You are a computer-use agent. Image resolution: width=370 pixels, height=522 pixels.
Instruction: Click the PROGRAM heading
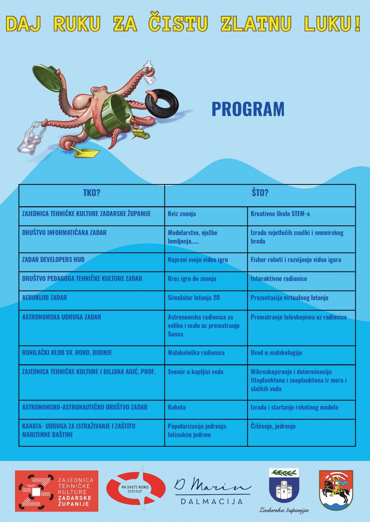pos(248,109)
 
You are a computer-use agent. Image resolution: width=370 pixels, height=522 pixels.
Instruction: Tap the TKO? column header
pos(92,193)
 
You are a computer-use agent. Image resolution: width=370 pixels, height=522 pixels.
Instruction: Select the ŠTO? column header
pos(260,193)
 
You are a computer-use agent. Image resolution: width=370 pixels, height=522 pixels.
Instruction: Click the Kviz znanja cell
pos(182,214)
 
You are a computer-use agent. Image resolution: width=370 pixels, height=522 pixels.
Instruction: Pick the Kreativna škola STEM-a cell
pos(280,214)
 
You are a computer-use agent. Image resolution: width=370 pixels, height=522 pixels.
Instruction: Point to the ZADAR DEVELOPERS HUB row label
pos(53,260)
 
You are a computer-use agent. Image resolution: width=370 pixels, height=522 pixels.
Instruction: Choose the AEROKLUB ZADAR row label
pos(45,298)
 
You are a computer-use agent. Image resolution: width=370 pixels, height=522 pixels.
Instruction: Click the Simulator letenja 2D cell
pos(194,298)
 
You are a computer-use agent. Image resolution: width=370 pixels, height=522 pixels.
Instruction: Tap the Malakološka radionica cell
pos(196,353)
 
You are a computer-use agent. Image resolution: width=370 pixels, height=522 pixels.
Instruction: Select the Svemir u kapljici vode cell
pos(196,372)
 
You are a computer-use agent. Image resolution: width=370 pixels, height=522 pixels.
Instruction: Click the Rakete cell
pos(177,407)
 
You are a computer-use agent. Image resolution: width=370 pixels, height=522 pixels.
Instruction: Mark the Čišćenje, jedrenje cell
pos(273,426)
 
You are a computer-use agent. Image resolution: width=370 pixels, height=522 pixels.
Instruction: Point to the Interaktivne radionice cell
pos(279,279)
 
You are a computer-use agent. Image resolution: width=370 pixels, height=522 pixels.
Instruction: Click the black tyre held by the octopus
pos(162,102)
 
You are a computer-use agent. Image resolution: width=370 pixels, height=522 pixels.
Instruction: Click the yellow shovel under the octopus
pos(85,153)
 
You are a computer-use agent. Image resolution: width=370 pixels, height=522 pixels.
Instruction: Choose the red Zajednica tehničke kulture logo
pos(57,491)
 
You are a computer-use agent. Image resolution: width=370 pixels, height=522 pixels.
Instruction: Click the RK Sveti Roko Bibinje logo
pos(136,489)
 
